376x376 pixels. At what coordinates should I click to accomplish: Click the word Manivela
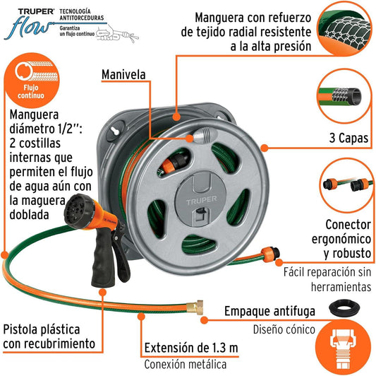coord(123,74)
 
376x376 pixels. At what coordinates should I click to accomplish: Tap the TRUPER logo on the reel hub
coord(202,199)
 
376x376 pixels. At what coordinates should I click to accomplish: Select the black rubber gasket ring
coord(344,307)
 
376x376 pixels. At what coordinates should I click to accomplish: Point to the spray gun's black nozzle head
coord(78,211)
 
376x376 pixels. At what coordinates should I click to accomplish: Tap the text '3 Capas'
coord(349,138)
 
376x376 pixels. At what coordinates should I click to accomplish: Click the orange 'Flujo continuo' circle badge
coord(32,81)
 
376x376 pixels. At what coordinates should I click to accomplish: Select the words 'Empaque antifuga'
coord(269,312)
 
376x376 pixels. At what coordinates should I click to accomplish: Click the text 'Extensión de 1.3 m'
coord(191,348)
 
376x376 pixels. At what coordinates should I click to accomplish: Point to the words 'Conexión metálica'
coord(186,365)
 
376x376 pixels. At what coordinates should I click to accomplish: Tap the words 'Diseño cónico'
coord(284,329)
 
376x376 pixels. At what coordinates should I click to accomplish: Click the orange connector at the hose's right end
coord(270,254)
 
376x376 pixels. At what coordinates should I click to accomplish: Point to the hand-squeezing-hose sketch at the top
coord(118,34)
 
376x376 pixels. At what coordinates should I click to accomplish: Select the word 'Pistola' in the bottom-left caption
coord(21,329)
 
